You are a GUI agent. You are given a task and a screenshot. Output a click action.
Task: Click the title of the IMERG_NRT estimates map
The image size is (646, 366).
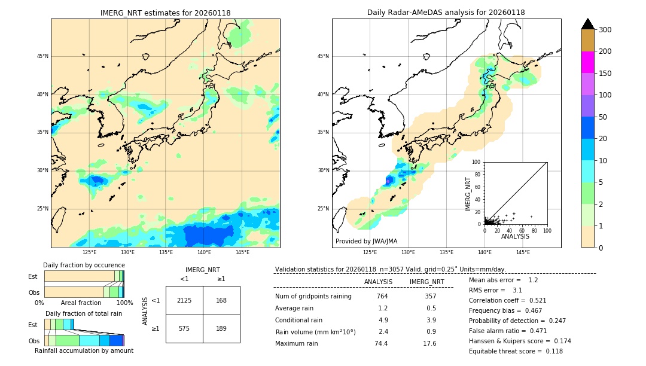click(165, 13)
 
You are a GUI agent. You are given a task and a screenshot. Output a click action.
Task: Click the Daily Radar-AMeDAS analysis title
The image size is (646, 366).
click(446, 13)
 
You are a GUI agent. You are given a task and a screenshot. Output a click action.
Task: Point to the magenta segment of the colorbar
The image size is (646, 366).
click(587, 62)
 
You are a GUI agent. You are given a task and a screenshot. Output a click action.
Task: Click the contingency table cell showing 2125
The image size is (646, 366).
click(184, 300)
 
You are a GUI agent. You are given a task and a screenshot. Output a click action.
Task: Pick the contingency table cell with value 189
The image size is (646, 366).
click(221, 328)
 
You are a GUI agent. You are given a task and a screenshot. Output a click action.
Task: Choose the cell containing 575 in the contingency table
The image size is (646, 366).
click(184, 328)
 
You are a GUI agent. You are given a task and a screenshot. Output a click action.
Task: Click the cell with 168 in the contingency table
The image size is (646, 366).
click(221, 300)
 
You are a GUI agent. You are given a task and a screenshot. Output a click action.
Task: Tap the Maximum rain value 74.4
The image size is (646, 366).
click(382, 343)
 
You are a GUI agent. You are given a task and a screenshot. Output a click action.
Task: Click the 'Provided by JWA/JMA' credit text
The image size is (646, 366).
click(366, 241)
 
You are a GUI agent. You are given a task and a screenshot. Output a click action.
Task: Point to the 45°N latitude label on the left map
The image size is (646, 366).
click(42, 56)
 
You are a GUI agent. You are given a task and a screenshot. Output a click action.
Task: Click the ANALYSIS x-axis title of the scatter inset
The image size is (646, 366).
click(515, 236)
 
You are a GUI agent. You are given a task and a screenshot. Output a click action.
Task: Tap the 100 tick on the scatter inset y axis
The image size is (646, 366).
click(477, 162)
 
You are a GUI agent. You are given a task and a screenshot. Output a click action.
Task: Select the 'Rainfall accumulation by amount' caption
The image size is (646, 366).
click(84, 350)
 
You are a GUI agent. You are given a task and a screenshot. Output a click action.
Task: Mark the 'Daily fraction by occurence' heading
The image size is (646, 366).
click(83, 265)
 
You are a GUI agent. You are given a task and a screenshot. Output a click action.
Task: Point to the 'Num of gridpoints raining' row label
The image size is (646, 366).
click(313, 296)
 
